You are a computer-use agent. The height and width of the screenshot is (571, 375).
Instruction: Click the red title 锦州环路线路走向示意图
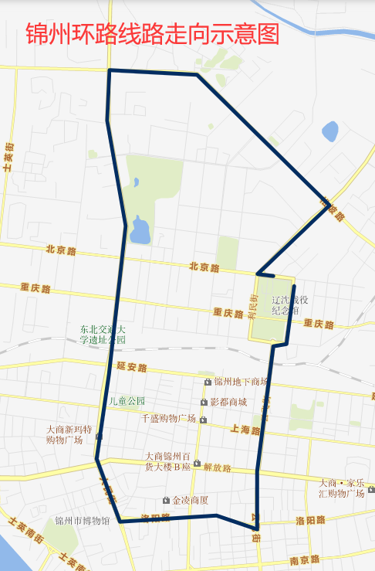point(152,35)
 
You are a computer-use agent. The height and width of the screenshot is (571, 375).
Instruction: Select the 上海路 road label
point(245,430)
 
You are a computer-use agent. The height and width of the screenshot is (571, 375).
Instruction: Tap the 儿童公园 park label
point(127,401)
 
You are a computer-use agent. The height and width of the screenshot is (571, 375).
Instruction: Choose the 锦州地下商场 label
point(241,382)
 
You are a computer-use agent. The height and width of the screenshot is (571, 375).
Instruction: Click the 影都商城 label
point(228,403)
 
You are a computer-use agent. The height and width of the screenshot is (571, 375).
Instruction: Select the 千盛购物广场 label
point(169,418)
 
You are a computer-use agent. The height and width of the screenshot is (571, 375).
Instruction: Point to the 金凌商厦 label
point(190,500)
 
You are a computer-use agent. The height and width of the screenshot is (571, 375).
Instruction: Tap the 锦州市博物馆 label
point(83,521)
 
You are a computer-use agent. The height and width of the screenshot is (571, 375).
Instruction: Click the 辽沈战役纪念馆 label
point(291,305)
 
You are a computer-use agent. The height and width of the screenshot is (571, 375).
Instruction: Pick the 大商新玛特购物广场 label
point(69,434)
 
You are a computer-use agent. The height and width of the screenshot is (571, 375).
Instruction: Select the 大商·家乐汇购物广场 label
point(341,488)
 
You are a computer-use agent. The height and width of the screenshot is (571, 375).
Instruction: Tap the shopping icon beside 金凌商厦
point(165,500)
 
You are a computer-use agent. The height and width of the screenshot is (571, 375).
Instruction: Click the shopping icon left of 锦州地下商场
point(208,382)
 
